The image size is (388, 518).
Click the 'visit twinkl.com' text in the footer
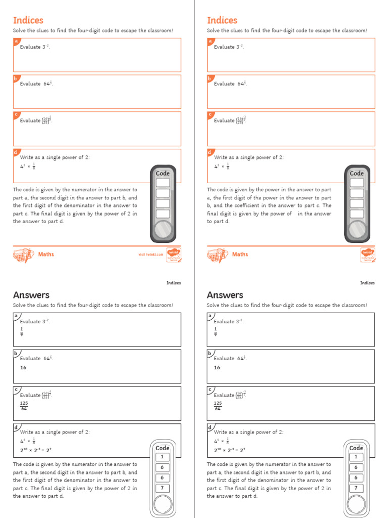coord(151,255)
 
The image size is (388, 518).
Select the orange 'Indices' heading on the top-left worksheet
coord(28,20)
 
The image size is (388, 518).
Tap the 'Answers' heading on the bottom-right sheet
coord(225,295)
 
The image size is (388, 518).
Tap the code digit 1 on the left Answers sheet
coord(162,457)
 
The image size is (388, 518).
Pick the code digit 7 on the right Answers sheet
coord(356,488)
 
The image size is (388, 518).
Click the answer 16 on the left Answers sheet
coord(23,368)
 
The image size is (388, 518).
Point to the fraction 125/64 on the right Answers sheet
coord(218,406)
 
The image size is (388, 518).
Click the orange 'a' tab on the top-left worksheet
coord(16,41)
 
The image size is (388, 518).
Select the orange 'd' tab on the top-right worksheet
coord(210,152)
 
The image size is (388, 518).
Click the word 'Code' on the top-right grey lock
coord(357,174)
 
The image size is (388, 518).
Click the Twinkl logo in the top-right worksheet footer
coord(367,254)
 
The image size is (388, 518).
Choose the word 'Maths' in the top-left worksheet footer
coord(46,254)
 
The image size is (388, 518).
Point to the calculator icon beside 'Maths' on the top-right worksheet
coord(217,255)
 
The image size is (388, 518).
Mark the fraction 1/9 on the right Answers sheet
coord(216,332)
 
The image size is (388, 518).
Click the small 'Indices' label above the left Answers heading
coord(174,283)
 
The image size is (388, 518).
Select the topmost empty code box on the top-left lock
coord(163,183)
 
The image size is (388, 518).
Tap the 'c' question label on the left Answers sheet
coord(16,390)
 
